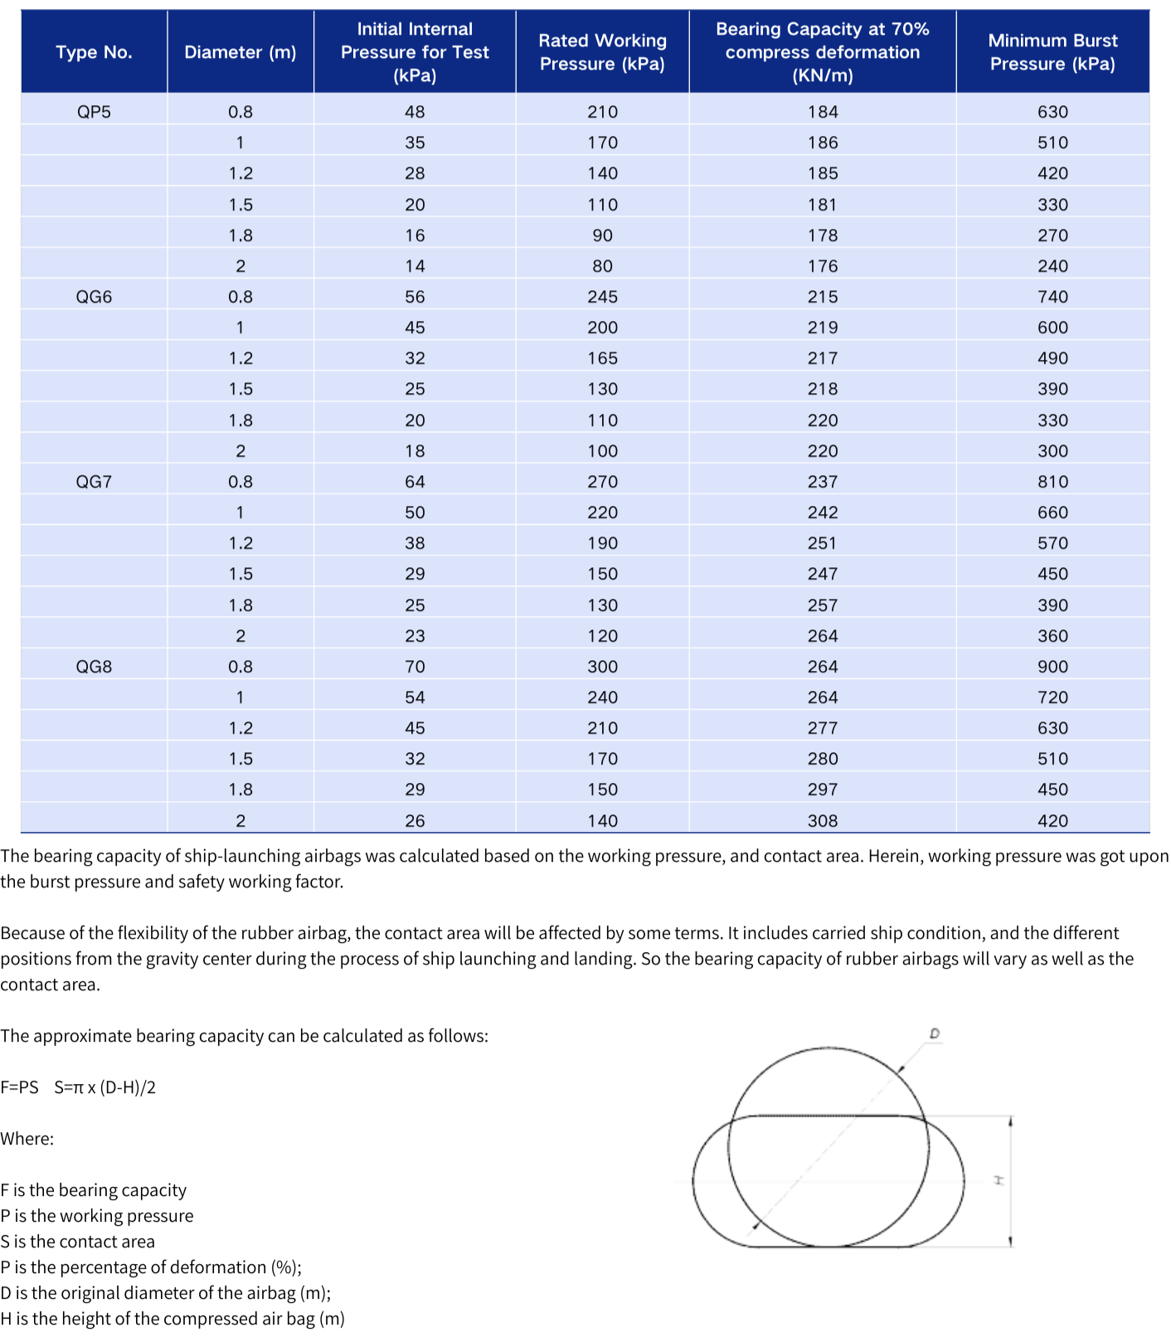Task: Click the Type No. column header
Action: pyautogui.click(x=94, y=52)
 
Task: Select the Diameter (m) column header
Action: pyautogui.click(x=240, y=52)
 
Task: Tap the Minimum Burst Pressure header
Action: pyautogui.click(x=1052, y=52)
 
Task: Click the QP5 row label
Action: pyautogui.click(x=94, y=112)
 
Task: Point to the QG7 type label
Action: pyautogui.click(x=94, y=482)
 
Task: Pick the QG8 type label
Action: pyautogui.click(x=94, y=667)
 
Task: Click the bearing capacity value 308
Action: pyautogui.click(x=823, y=821)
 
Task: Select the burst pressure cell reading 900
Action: pyautogui.click(x=1052, y=667)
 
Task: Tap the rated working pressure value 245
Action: pyautogui.click(x=602, y=297)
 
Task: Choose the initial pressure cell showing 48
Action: pyautogui.click(x=415, y=112)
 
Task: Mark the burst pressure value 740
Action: pyautogui.click(x=1052, y=297)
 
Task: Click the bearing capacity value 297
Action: pyautogui.click(x=823, y=790)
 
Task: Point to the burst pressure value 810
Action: pyautogui.click(x=1052, y=482)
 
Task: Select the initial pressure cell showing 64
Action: pyautogui.click(x=415, y=482)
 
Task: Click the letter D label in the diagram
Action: pyautogui.click(x=935, y=1034)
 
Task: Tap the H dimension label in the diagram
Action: pyautogui.click(x=999, y=1179)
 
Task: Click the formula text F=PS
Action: pyautogui.click(x=19, y=1087)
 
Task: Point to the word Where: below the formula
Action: pyautogui.click(x=27, y=1139)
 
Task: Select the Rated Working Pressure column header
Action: pyautogui.click(x=602, y=52)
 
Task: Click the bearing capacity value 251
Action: pyautogui.click(x=823, y=543)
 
